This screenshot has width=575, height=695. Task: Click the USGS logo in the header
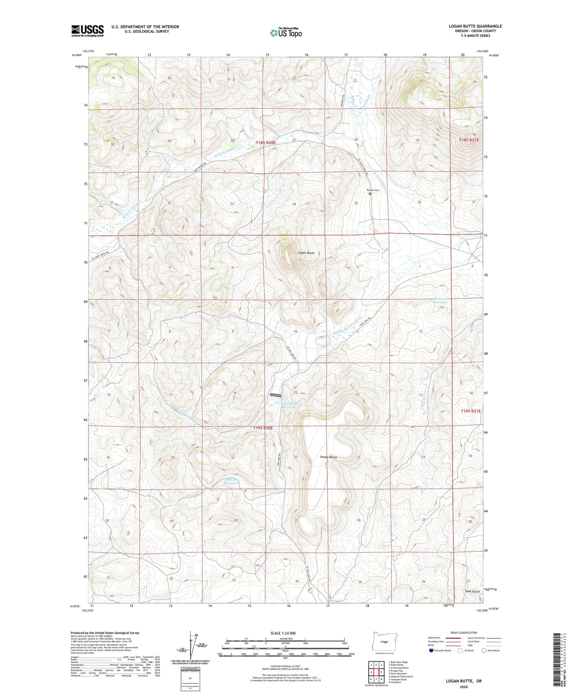click(x=87, y=31)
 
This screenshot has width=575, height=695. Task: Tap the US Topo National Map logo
click(x=286, y=33)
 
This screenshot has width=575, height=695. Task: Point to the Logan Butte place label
click(x=306, y=253)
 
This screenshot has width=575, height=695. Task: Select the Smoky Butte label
click(x=329, y=457)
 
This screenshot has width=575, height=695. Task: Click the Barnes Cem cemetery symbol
click(x=370, y=194)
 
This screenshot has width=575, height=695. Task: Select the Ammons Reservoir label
click(x=440, y=301)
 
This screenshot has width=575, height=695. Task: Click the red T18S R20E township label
click(x=266, y=143)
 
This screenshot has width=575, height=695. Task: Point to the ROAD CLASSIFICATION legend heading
click(x=464, y=633)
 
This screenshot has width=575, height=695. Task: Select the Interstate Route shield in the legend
click(x=431, y=651)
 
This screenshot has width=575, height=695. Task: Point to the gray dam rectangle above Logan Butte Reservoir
click(x=275, y=395)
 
